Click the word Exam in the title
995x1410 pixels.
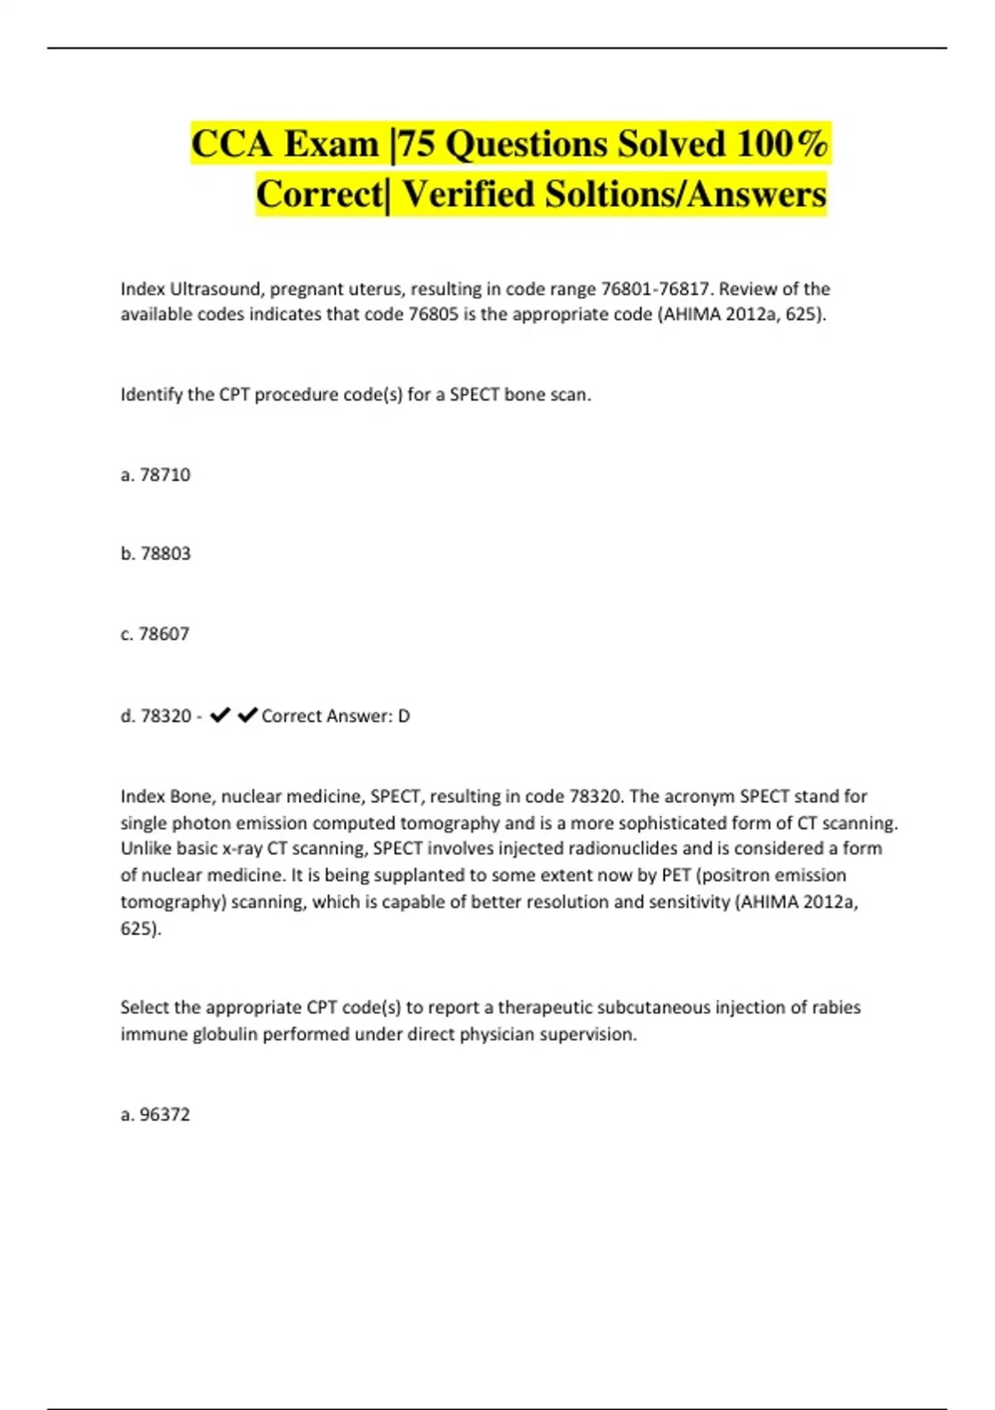(331, 144)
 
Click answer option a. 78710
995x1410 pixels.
(155, 475)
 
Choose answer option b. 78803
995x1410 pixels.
(155, 553)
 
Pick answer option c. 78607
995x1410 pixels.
(155, 634)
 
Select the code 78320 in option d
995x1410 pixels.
(166, 716)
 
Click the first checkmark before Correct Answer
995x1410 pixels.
(220, 715)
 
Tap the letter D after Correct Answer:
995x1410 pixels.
(404, 716)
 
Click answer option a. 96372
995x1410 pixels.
(155, 1115)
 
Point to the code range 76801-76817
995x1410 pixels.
(655, 289)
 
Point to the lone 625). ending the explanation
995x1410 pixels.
(141, 929)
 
